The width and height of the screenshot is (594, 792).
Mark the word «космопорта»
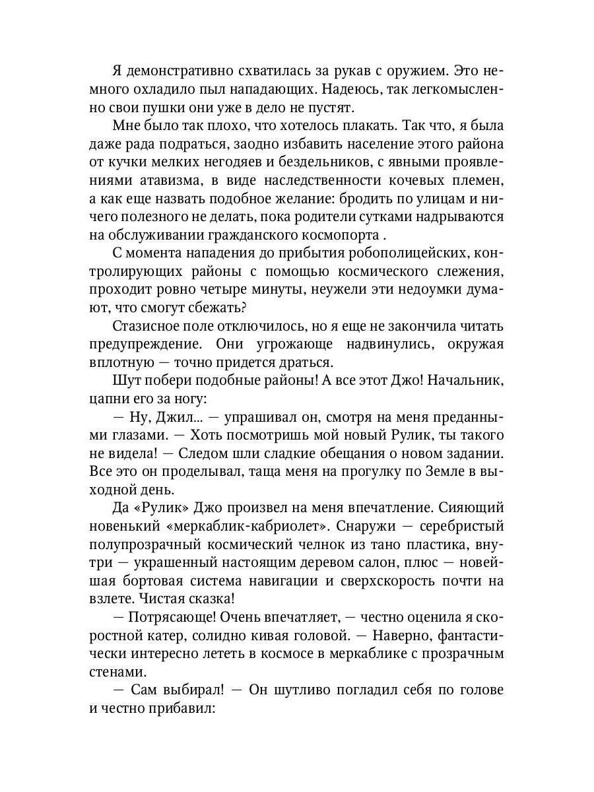point(335,234)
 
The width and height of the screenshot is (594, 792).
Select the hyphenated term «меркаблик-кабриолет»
point(242,525)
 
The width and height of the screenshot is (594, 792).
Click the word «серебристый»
point(460,525)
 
